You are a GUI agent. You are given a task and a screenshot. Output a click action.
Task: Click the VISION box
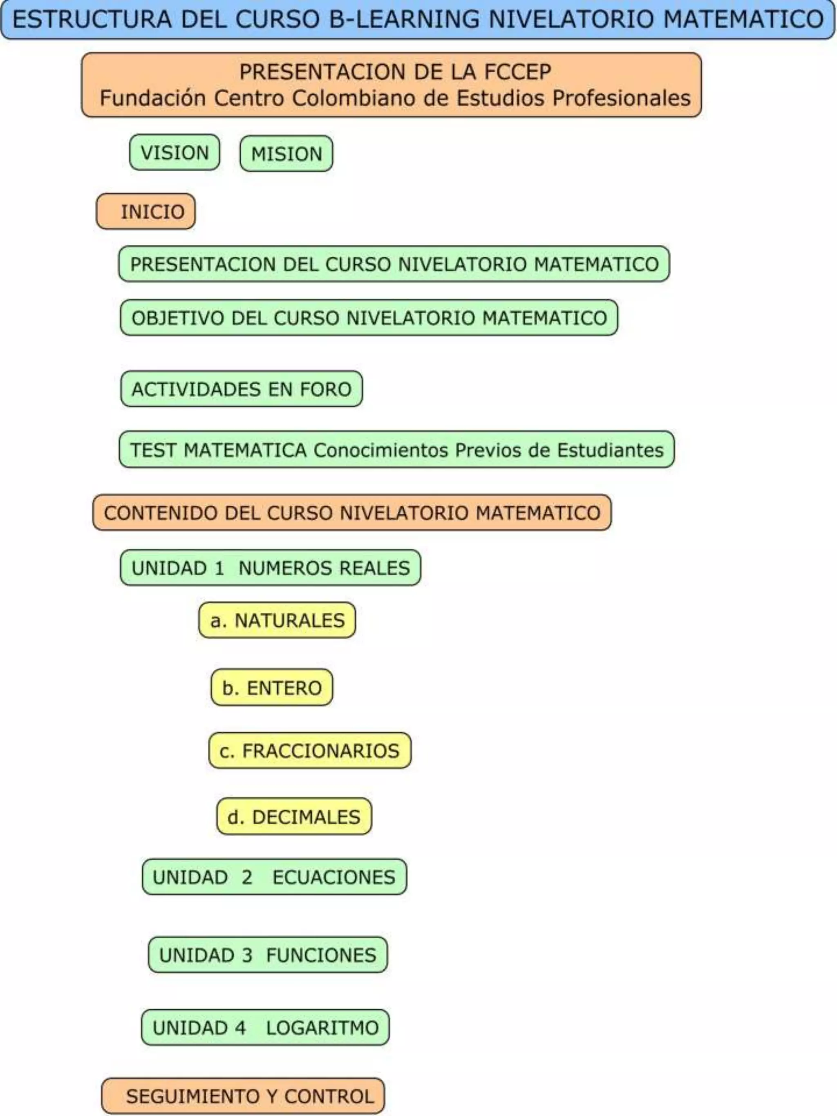tap(175, 152)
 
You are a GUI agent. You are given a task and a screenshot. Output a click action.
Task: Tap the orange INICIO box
tap(146, 211)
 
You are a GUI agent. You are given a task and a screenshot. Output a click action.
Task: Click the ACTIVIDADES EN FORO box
tap(241, 389)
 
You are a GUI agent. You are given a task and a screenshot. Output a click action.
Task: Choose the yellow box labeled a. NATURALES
tap(277, 620)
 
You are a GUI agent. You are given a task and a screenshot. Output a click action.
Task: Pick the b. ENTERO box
tap(271, 688)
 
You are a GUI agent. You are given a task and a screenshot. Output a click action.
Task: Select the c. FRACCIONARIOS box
tap(310, 751)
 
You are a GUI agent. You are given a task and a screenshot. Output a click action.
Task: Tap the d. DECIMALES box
tap(294, 817)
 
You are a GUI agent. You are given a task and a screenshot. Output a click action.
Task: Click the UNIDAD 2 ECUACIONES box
tap(274, 877)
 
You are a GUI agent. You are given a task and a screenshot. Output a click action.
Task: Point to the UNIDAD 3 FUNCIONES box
tap(268, 955)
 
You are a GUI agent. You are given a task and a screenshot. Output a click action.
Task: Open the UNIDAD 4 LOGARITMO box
tap(265, 1028)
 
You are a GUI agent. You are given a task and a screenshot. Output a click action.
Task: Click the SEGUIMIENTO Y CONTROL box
tap(243, 1096)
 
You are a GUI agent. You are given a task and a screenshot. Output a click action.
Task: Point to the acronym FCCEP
tap(518, 72)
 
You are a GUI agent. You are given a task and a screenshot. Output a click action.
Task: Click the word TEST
tap(153, 450)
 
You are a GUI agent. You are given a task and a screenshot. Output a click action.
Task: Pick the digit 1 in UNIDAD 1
tap(219, 568)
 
